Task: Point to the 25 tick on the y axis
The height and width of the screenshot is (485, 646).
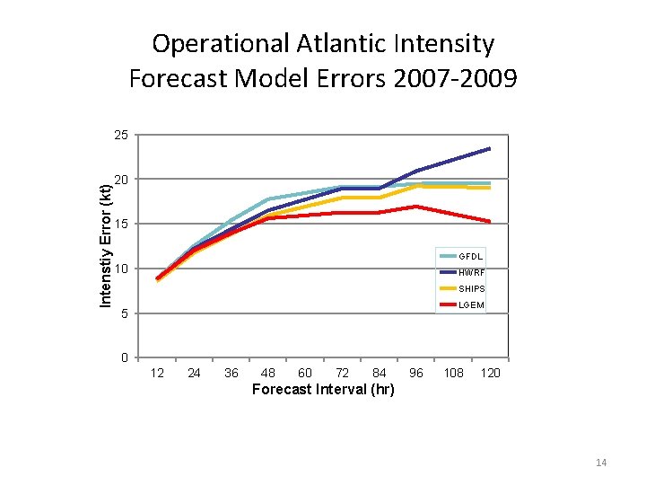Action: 121,136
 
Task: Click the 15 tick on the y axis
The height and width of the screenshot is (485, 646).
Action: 121,224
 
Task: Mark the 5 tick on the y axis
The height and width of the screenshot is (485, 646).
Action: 125,313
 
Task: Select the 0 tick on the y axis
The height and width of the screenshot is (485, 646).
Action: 125,358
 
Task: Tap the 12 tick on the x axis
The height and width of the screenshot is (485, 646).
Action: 157,373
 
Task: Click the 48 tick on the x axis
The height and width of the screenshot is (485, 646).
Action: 267,373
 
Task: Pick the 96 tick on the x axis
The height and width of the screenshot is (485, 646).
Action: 416,373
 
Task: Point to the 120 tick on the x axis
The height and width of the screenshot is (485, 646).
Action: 490,373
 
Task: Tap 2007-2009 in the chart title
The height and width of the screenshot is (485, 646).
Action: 454,79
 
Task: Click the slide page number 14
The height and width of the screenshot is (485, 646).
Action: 601,463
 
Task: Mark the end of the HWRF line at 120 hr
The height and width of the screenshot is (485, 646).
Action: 490,148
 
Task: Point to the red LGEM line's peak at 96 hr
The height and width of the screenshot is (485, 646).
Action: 416,207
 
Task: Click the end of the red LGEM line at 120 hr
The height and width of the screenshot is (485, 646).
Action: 490,221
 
